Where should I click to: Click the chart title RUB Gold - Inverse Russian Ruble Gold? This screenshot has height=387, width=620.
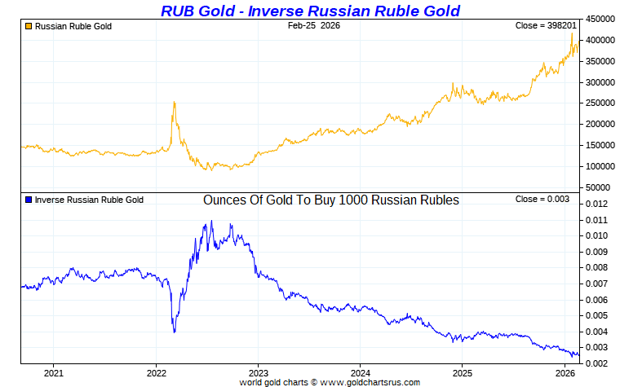point(310,11)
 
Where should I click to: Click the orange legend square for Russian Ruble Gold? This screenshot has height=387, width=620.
point(29,27)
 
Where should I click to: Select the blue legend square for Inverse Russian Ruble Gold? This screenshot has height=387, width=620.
point(29,200)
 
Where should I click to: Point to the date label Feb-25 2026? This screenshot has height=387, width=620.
point(314,26)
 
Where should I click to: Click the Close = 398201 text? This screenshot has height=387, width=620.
point(546,26)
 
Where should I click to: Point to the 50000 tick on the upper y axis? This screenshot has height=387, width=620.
point(599,187)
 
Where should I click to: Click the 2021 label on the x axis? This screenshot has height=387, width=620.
point(53,373)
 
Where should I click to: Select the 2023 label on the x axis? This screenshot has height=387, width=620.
point(258,373)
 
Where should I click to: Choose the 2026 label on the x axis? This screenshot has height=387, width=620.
point(564,373)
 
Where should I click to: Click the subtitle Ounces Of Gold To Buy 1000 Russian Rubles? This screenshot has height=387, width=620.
point(330,200)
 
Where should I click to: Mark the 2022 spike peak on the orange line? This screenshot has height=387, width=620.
point(174,103)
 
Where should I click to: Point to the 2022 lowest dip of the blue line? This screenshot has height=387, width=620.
point(174,332)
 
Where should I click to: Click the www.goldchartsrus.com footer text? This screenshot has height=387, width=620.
point(372,382)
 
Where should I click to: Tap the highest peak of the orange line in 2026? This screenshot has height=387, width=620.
point(571,34)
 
